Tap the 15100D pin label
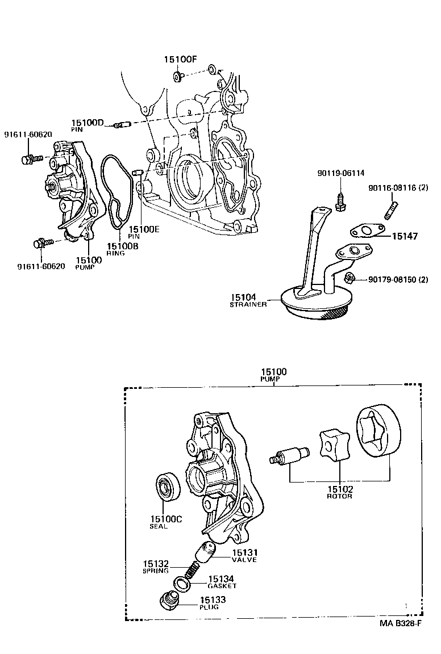pos(88,123)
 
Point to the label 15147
pos(404,236)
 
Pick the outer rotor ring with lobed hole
pos(377,430)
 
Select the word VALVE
pos(244,560)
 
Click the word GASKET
pos(222,586)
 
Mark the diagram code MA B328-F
pos(401,623)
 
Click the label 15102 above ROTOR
pos(339,488)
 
